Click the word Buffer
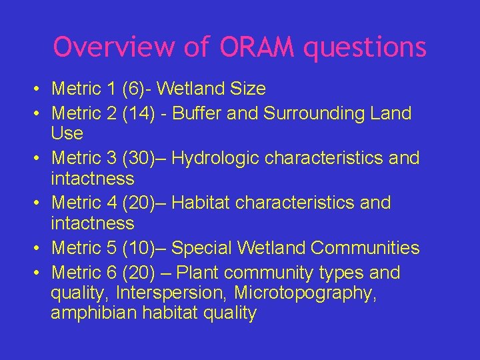(199, 113)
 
